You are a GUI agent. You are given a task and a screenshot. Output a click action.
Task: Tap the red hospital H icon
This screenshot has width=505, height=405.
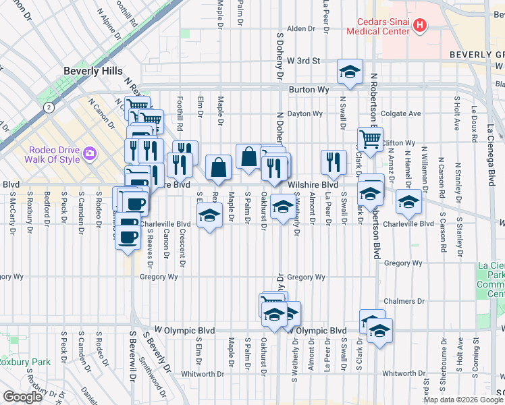click(420, 26)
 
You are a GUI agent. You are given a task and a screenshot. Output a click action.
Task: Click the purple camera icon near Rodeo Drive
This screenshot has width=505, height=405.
click(89, 155)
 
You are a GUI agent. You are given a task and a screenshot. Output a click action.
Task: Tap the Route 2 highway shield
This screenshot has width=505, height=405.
click(49, 107)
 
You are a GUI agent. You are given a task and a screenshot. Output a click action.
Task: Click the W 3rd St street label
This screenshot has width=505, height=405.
click(302, 61)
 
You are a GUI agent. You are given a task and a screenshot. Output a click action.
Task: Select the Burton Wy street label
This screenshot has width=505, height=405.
click(309, 89)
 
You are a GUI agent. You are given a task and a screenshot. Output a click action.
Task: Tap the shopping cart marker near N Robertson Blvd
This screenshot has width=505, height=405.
click(370, 139)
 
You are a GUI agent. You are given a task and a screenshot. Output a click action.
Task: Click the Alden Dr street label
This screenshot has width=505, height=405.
click(298, 29)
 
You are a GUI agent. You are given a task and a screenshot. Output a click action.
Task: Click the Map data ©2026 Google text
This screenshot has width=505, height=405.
click(463, 400)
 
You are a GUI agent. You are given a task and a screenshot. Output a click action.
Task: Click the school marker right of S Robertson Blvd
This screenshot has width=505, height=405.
click(408, 201)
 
